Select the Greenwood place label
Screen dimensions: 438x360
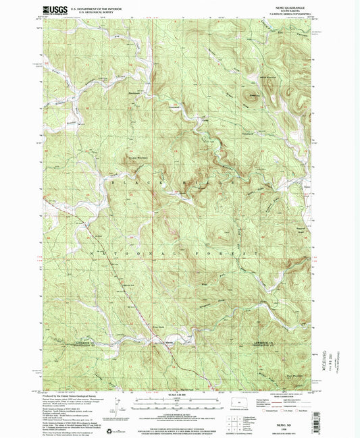click(174, 105)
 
